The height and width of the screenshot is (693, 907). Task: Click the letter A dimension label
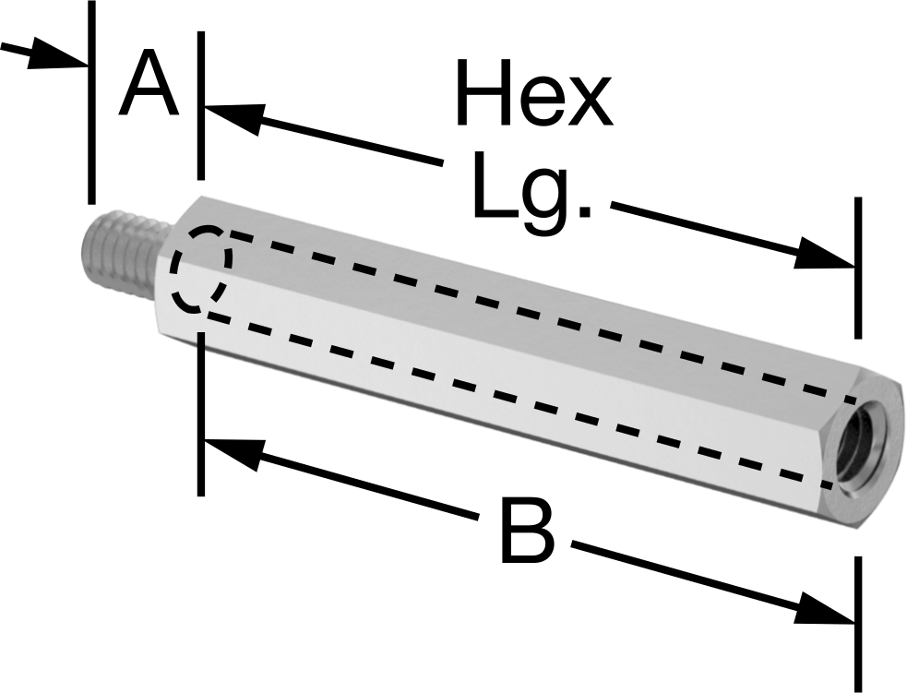[x=148, y=83]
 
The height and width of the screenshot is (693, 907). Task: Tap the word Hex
[x=534, y=92]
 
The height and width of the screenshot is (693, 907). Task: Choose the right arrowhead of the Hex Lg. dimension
[x=824, y=254]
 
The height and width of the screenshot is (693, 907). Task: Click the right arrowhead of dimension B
[x=824, y=608]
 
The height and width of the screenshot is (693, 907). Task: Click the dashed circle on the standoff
[x=201, y=269]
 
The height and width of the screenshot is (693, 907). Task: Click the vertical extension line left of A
[x=90, y=102]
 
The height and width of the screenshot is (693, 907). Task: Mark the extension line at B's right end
[x=858, y=625]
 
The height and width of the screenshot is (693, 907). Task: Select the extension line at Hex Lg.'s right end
[x=858, y=268]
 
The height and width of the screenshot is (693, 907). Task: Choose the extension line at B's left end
[x=201, y=413]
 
